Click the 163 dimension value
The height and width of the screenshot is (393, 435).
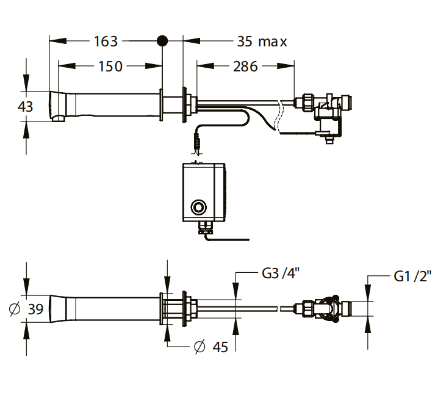(106, 41)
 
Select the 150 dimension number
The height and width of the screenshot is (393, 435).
(110, 67)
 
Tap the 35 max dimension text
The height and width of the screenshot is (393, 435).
(262, 41)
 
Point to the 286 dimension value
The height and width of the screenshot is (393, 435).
(245, 67)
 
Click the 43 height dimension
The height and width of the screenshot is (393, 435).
(25, 106)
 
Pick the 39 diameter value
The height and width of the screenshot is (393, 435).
(35, 309)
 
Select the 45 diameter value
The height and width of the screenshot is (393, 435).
(220, 347)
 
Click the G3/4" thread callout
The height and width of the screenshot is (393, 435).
(281, 273)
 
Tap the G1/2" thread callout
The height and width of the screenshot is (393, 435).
(412, 276)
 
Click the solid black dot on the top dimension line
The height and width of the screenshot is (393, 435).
(162, 41)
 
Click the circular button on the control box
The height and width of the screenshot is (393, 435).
(198, 207)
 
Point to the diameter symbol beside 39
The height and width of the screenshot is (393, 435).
(15, 309)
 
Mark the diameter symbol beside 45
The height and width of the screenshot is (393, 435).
(200, 347)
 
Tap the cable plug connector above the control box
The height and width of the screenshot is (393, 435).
(197, 143)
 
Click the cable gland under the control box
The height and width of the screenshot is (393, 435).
(206, 227)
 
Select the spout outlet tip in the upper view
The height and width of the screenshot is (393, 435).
(58, 118)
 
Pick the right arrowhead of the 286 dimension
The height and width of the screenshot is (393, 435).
(286, 66)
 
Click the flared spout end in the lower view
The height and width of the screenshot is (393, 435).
(58, 309)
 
